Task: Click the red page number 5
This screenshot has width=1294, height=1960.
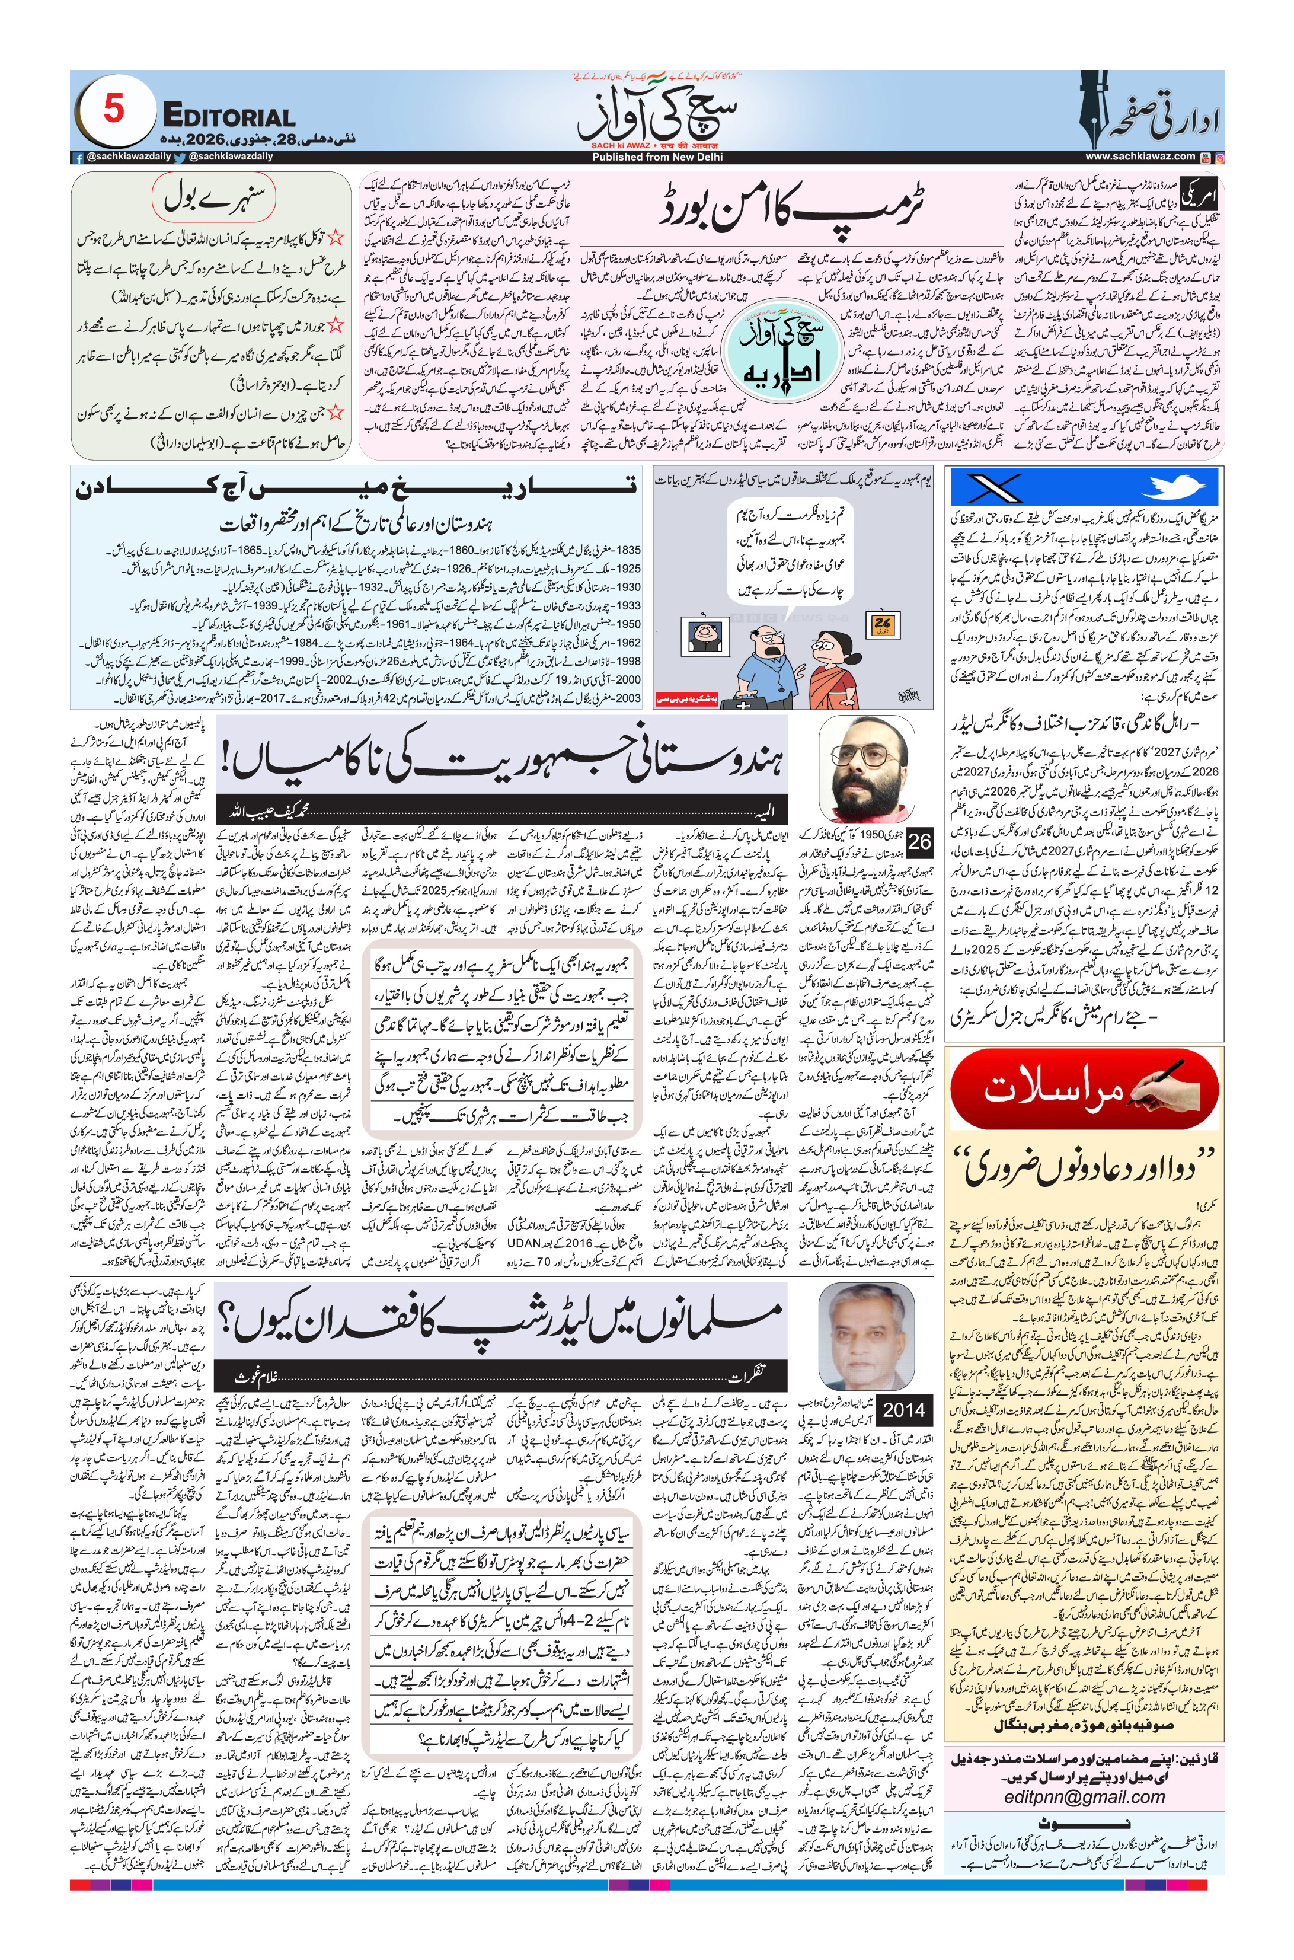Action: [x=113, y=110]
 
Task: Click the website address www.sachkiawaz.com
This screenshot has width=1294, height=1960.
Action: [x=1140, y=156]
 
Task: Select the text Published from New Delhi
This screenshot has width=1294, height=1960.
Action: [x=657, y=157]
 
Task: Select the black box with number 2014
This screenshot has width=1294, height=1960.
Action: [x=903, y=1410]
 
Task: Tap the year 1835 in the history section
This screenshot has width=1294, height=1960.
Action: [x=628, y=550]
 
